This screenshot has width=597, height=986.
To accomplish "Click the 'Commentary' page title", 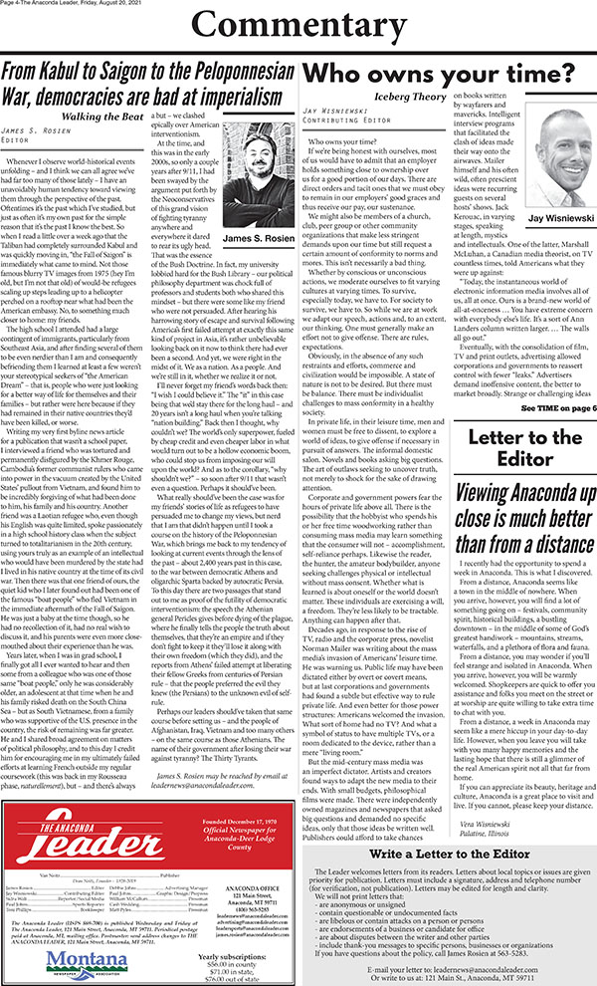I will coord(298,28).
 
